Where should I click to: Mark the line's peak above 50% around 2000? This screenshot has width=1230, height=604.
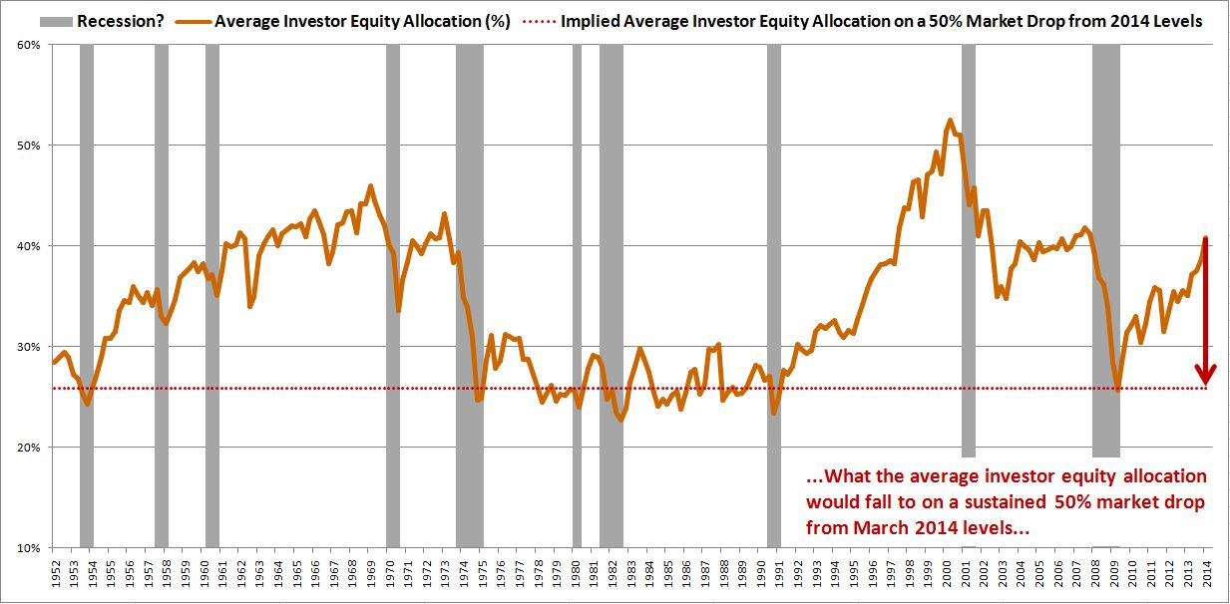(949, 121)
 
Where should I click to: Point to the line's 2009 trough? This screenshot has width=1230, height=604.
(1118, 389)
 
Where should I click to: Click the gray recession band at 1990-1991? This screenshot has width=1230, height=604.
(773, 299)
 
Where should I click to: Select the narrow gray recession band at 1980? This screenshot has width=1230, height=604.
(577, 299)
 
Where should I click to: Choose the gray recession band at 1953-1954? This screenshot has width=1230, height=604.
(87, 299)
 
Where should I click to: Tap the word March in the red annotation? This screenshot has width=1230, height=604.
(873, 526)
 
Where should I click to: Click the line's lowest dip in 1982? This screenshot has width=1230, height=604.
(620, 420)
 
